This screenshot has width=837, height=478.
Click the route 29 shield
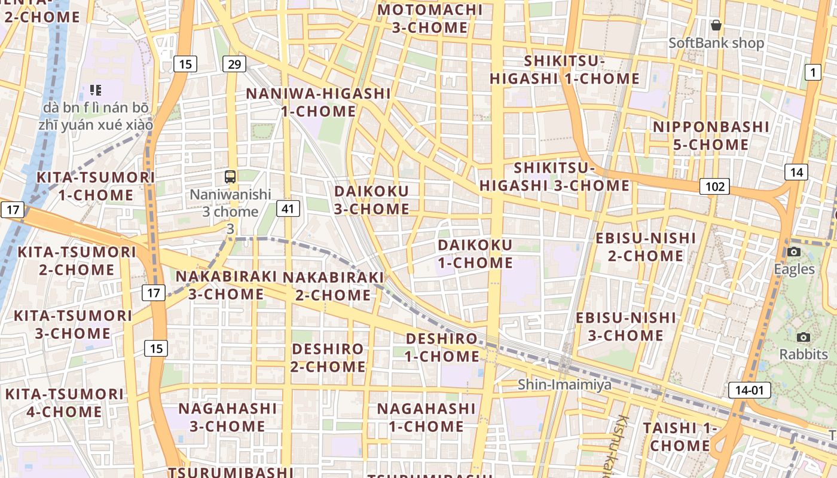tap(234, 64)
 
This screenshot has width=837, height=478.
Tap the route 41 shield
tap(288, 209)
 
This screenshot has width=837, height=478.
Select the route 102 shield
tap(715, 186)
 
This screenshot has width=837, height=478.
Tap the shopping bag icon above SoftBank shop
tap(716, 25)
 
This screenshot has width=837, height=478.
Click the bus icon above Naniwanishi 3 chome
tap(230, 176)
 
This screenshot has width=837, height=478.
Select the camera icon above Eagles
tap(794, 252)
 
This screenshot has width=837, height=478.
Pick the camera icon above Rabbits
tap(804, 337)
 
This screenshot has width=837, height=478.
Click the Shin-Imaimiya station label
tap(564, 384)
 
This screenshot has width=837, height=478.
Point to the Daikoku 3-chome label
tap(372, 200)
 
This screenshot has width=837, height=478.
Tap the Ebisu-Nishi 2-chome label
tap(646, 247)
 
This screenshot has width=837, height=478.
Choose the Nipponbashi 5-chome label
tap(711, 136)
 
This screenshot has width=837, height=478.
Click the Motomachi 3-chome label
tap(430, 19)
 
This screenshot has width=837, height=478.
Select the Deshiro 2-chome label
tap(328, 357)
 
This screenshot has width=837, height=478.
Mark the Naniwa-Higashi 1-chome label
tap(319, 102)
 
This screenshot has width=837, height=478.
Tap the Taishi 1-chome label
tap(680, 437)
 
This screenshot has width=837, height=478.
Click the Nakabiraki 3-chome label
tap(226, 285)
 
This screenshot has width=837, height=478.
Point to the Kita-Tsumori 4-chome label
tap(64, 403)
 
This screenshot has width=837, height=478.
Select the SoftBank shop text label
tap(716, 43)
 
